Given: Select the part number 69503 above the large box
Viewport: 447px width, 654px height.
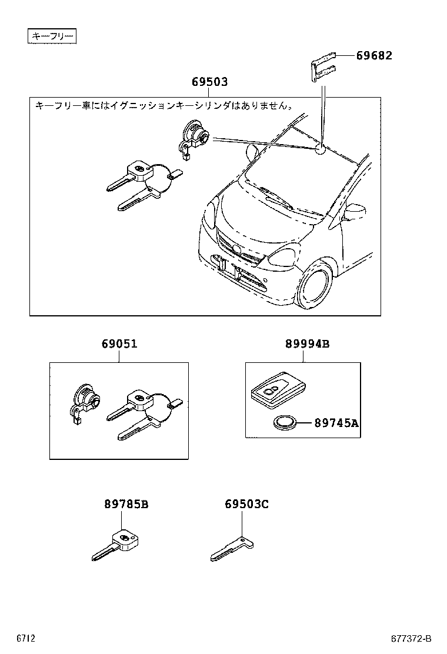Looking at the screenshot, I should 209,82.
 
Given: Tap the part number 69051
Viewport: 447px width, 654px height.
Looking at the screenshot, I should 119,343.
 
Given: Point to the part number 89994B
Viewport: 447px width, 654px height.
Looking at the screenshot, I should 307,343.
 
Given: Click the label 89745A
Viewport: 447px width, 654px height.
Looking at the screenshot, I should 336,422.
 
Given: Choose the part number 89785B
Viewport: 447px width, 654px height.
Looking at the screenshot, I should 126,504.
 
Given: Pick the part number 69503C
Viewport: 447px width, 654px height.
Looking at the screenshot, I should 246,504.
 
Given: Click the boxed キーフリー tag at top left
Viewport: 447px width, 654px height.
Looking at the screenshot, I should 53,37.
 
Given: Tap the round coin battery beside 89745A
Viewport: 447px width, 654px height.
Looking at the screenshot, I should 285,422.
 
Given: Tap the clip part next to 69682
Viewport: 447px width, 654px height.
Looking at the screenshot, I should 323,68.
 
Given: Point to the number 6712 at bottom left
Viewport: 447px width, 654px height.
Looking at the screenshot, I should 26,639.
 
